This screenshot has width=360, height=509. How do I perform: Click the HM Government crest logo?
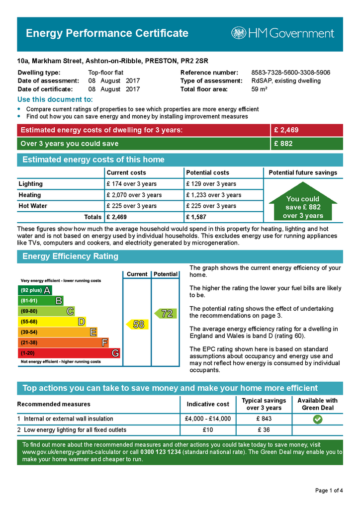(x=239, y=33)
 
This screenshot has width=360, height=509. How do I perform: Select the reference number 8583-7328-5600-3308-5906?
(x=290, y=73)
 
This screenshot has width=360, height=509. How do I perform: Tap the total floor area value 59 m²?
(x=260, y=89)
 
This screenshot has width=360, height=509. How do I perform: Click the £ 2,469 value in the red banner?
(x=286, y=130)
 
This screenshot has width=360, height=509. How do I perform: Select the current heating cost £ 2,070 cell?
(x=134, y=195)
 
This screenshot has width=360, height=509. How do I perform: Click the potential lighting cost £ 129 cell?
(x=210, y=184)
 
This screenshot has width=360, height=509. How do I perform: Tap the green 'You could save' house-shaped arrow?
(x=303, y=204)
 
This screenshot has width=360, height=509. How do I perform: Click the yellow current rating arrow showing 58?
(x=137, y=324)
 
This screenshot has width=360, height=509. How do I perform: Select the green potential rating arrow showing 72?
(x=166, y=314)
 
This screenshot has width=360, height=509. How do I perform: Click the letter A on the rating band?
(x=47, y=290)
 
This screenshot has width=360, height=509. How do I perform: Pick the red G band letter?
(x=115, y=353)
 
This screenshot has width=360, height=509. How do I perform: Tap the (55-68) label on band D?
(x=29, y=322)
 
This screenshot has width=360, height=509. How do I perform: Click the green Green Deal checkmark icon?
(x=317, y=419)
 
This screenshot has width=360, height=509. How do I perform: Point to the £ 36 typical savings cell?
(x=264, y=430)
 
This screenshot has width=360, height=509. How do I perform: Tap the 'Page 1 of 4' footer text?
(x=329, y=491)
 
